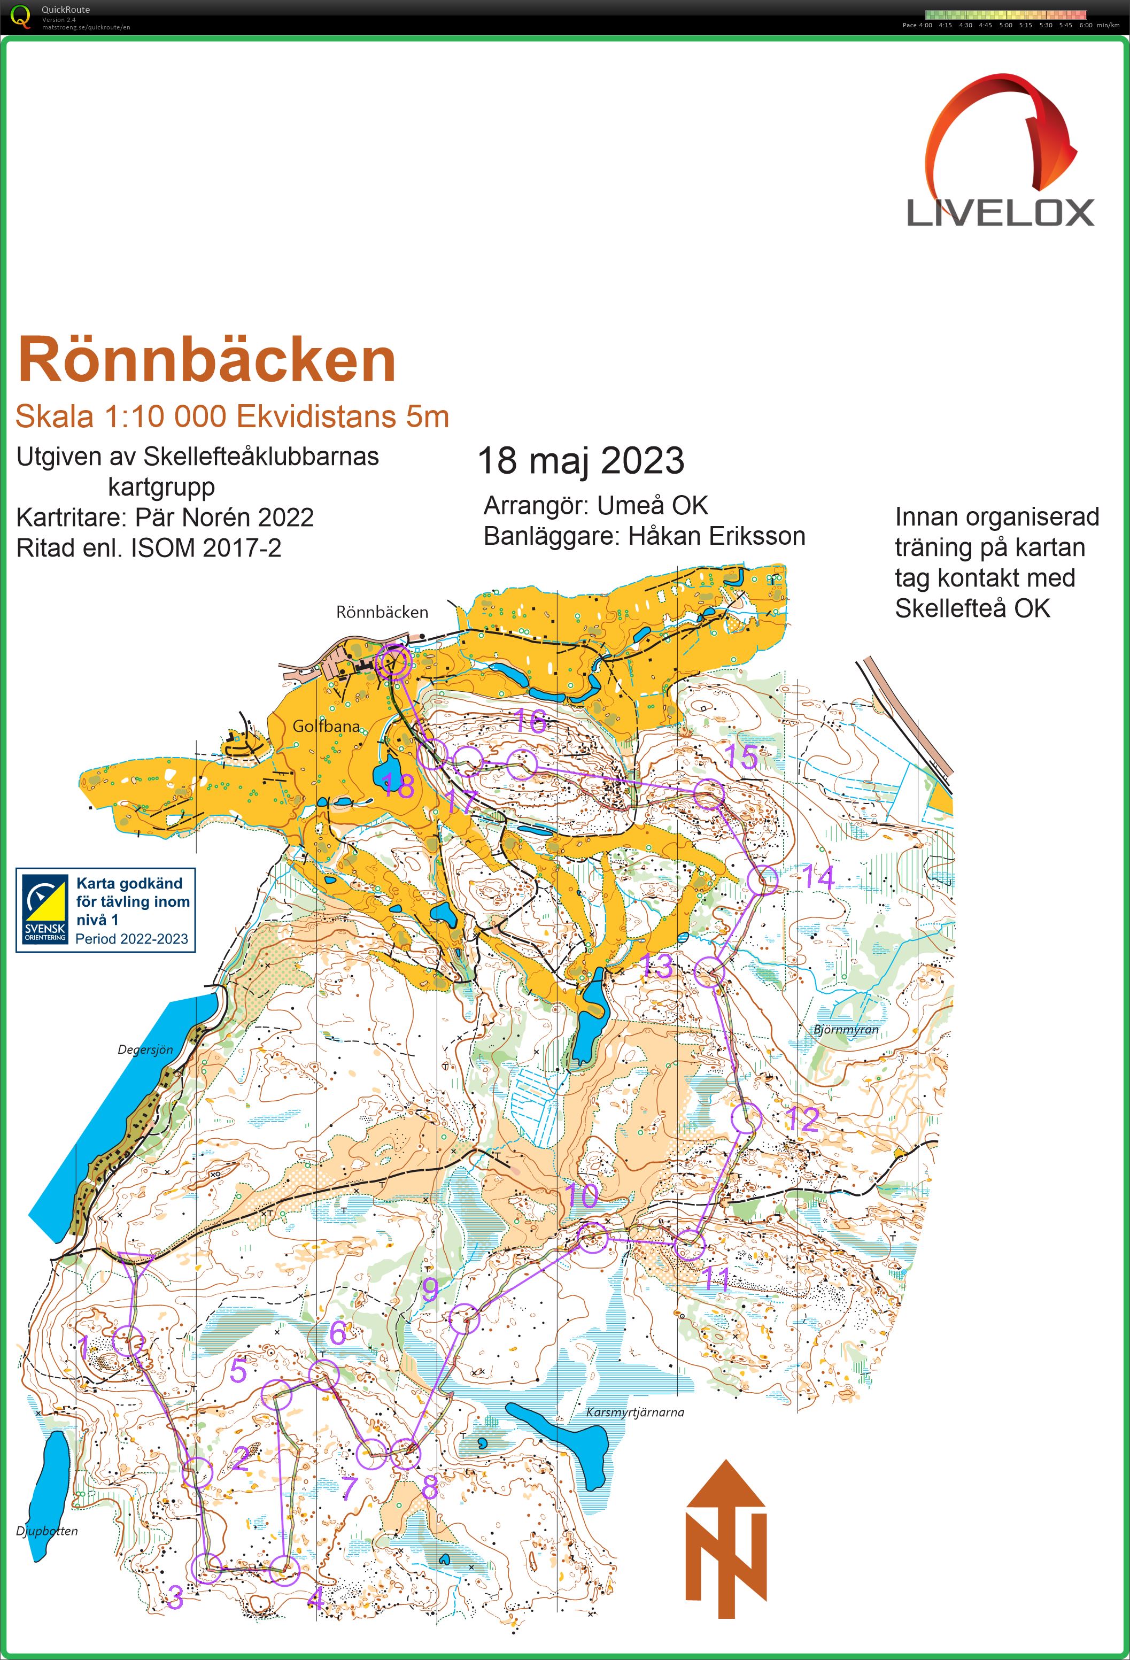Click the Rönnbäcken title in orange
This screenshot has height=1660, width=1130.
[x=207, y=361]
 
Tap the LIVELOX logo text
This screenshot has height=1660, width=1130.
[x=1000, y=213]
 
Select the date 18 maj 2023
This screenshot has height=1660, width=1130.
[x=580, y=461]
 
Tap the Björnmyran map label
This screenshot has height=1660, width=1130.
[x=846, y=1029]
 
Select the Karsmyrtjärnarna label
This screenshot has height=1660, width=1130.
[x=634, y=1412]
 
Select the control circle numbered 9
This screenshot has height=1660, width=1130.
[x=465, y=1318]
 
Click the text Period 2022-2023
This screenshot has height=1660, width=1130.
[x=131, y=939]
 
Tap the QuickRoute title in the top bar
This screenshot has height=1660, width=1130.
[x=65, y=9]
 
